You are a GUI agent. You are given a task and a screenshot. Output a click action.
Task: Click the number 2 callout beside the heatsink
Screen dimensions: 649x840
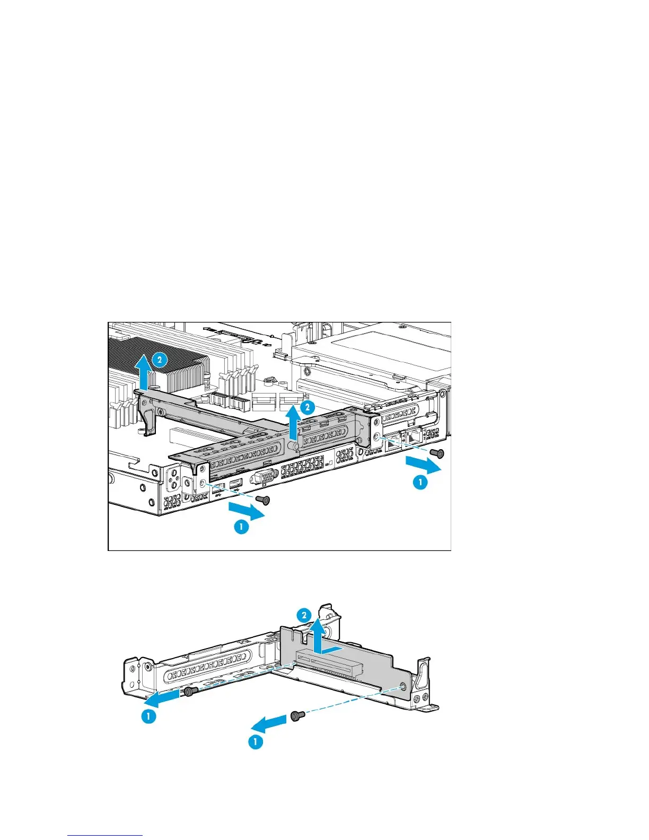click(160, 360)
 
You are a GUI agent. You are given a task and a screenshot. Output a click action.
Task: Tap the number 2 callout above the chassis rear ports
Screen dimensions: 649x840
click(307, 407)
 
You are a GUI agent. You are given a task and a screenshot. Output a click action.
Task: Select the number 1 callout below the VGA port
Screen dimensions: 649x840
click(241, 527)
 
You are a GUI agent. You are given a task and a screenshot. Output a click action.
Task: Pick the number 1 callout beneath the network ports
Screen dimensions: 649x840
click(420, 482)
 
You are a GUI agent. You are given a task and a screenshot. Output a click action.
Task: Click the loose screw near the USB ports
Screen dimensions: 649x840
click(262, 500)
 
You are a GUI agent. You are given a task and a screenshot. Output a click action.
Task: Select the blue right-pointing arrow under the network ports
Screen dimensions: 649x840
click(423, 465)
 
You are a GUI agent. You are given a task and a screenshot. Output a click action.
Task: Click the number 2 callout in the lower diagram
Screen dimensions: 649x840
click(304, 616)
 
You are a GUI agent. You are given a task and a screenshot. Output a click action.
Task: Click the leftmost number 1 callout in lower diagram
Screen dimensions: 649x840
click(148, 716)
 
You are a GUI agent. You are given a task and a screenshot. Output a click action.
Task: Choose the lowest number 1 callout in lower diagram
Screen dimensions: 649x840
click(256, 741)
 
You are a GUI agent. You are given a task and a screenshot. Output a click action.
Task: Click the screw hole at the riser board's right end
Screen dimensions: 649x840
click(405, 687)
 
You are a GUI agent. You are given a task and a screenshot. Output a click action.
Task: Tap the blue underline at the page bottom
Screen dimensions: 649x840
click(105, 835)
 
